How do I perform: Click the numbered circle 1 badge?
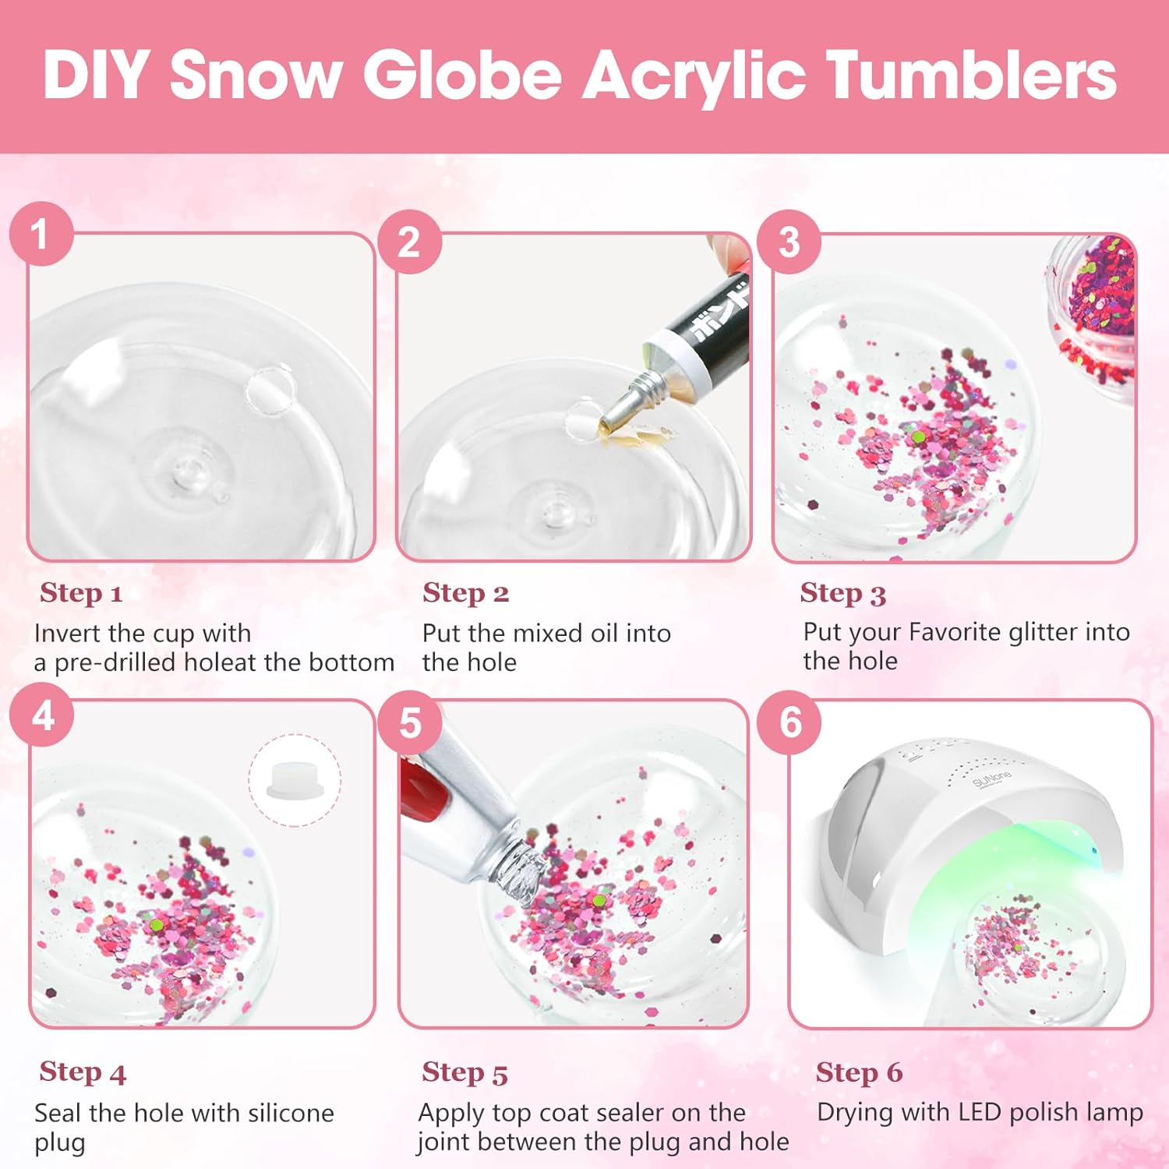pos(41,234)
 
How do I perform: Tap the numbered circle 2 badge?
pos(409,242)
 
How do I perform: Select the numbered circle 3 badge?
pos(789,242)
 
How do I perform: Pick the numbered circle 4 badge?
pos(42,715)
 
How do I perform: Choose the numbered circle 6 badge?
pos(789,722)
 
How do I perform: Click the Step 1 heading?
pos(81,593)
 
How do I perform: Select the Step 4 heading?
pos(82,1072)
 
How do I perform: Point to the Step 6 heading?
pos(859,1072)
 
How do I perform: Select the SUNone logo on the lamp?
pos(991,779)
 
